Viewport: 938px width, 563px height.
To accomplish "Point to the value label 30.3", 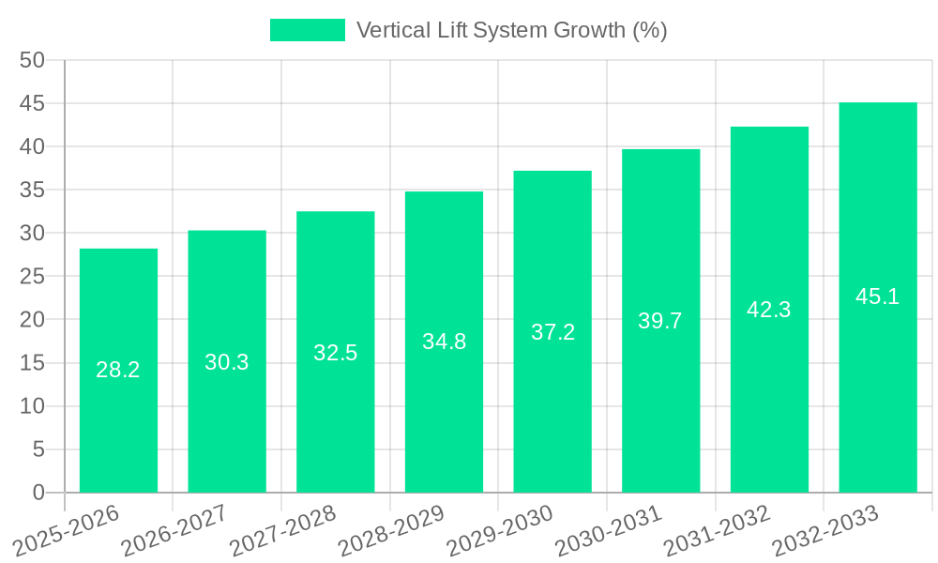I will pos(227,362).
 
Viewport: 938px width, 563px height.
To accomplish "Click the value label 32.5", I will pos(335,353).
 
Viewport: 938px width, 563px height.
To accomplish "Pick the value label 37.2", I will pos(552,331).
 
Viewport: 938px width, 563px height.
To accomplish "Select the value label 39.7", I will pos(660,321).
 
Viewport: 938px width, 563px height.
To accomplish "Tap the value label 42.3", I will pos(769,310).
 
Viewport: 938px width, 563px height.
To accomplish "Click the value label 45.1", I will pos(878,297).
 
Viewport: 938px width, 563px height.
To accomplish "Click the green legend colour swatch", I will pos(308,30).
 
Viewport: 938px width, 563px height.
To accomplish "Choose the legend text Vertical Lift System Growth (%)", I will pos(512,30).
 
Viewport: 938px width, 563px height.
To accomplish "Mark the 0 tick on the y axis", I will pos(38,493).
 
